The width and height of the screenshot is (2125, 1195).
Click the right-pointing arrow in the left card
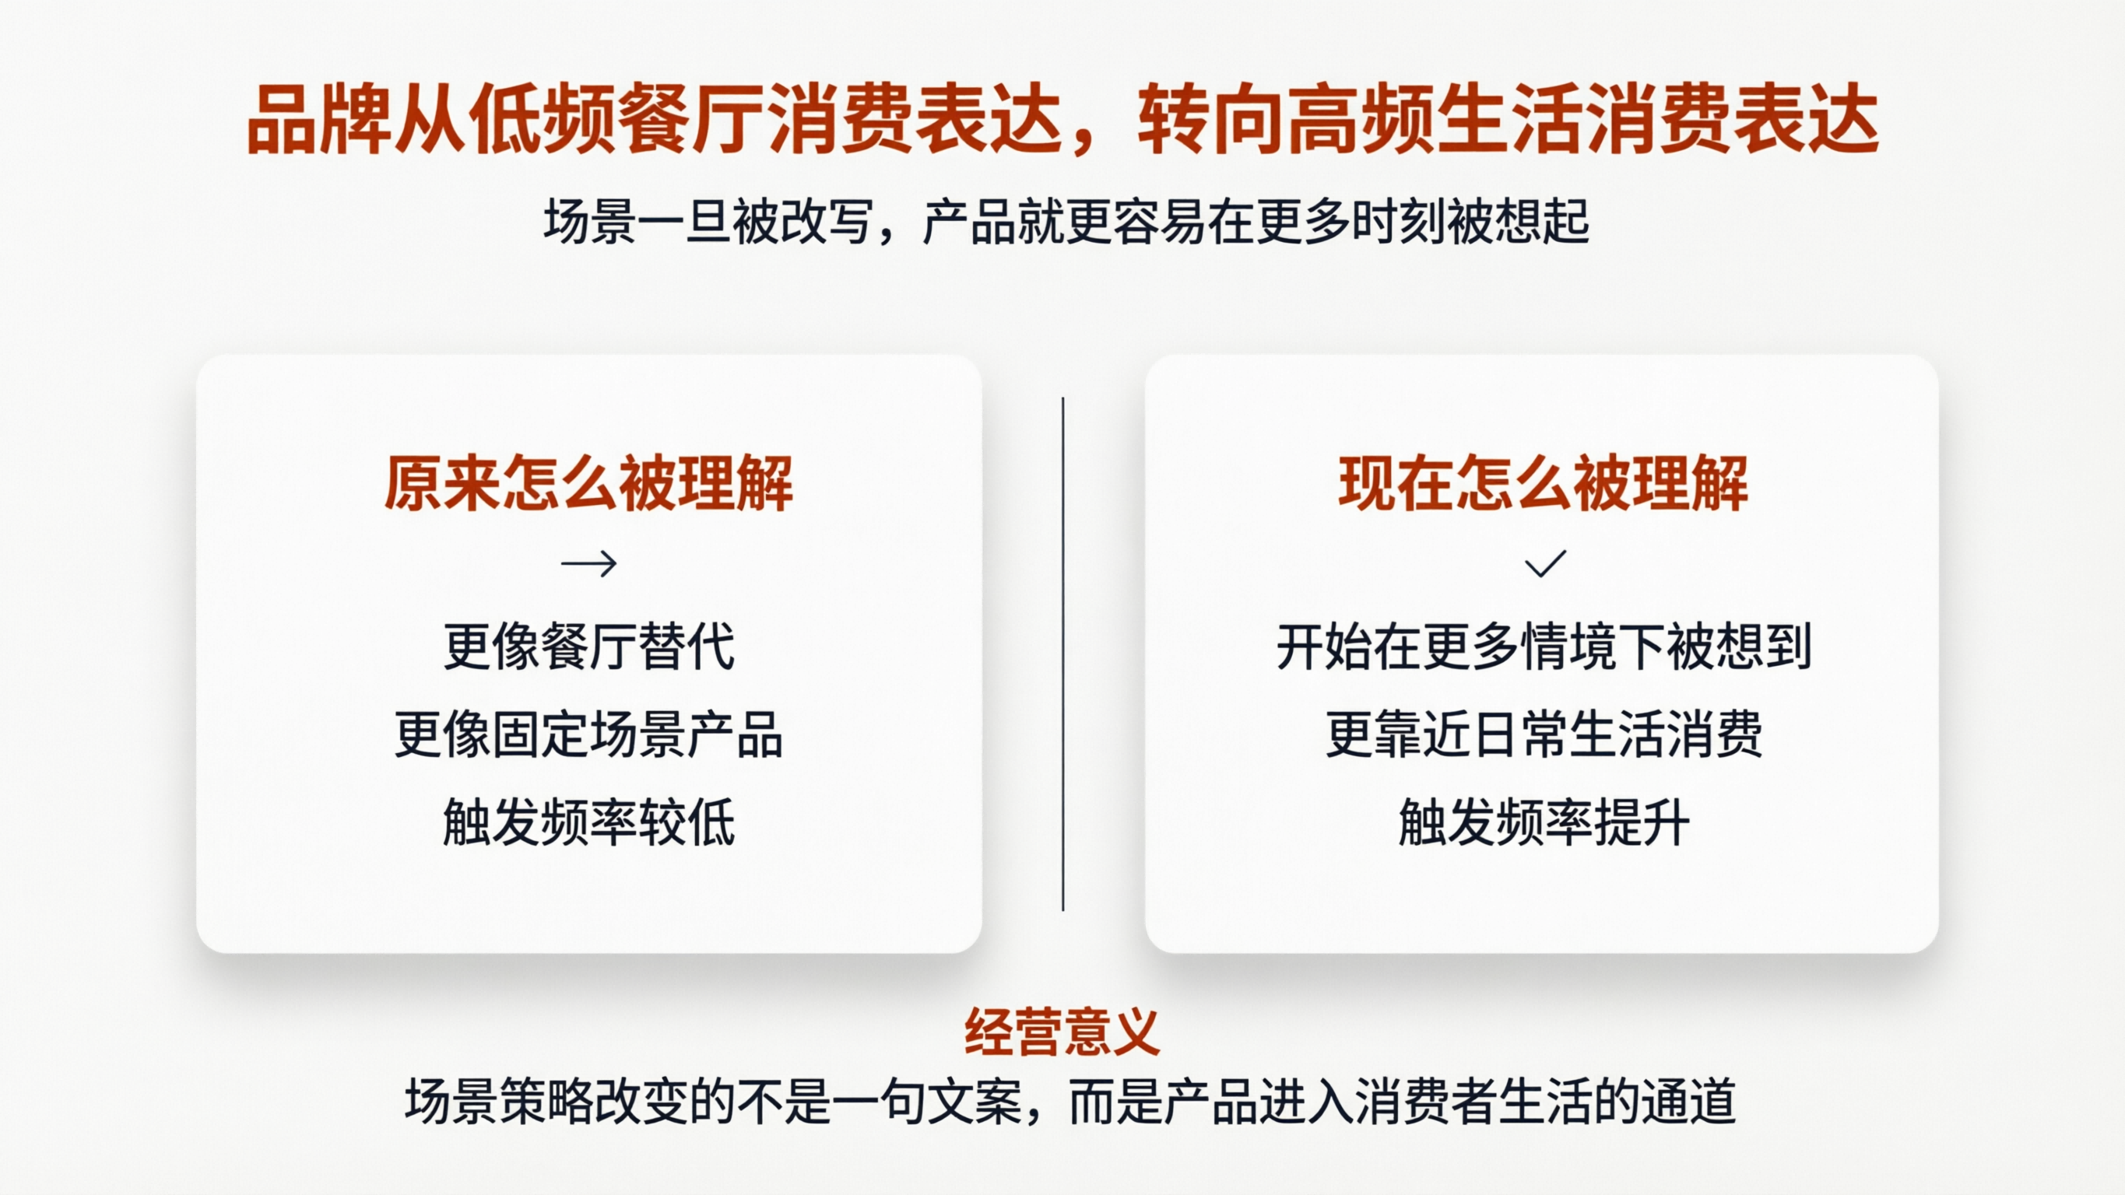[x=588, y=564]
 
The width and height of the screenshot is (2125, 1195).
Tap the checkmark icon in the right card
[x=1544, y=564]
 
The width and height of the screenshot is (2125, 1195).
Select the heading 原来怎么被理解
[x=588, y=483]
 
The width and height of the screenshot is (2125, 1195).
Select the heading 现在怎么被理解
[x=1543, y=483]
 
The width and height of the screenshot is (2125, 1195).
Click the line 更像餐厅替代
[x=588, y=647]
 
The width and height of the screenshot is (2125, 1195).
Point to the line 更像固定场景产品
[x=588, y=734]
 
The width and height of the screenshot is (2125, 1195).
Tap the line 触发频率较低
[x=588, y=822]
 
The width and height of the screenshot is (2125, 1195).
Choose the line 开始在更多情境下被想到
[x=1543, y=647]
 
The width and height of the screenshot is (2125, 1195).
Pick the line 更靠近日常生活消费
[x=1543, y=734]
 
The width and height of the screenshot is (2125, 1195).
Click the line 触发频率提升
[x=1543, y=822]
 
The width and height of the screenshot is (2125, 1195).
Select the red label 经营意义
[x=1062, y=1032]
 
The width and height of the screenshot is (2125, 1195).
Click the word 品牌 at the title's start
[x=319, y=121]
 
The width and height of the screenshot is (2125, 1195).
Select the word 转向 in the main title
[x=1211, y=121]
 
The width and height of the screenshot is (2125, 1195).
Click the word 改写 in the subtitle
[x=826, y=223]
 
